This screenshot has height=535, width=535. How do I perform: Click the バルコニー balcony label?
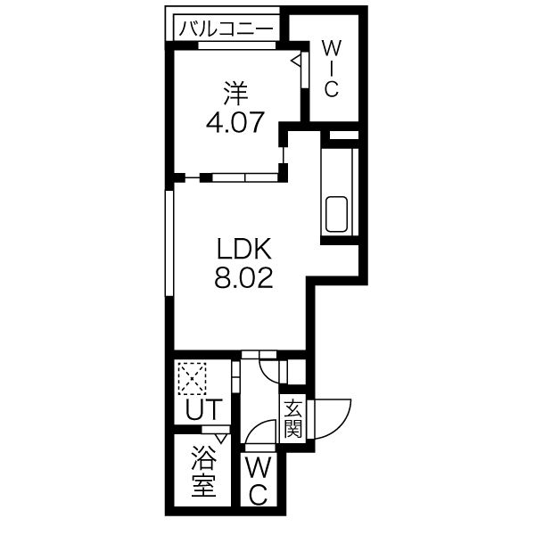226,29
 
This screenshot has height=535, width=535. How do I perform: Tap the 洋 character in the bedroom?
235,93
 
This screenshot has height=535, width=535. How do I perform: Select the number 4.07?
235,122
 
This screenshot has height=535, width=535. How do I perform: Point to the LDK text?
244,249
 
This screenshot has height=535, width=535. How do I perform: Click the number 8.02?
244,277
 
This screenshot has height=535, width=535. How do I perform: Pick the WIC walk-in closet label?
331,70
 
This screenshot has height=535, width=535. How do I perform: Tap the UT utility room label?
203,408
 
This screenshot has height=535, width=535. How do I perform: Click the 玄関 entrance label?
293,419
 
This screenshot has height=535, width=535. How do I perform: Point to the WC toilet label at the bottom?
259,481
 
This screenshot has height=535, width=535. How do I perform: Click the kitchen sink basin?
337,215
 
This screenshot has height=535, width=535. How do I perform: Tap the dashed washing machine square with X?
192,378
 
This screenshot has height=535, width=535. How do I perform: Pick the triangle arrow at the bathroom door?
221,439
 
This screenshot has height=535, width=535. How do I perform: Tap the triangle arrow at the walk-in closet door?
297,61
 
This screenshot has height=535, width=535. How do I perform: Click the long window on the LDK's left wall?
169,243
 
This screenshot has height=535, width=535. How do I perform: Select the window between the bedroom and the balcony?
236,45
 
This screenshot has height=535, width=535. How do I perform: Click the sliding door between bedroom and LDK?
245,177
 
